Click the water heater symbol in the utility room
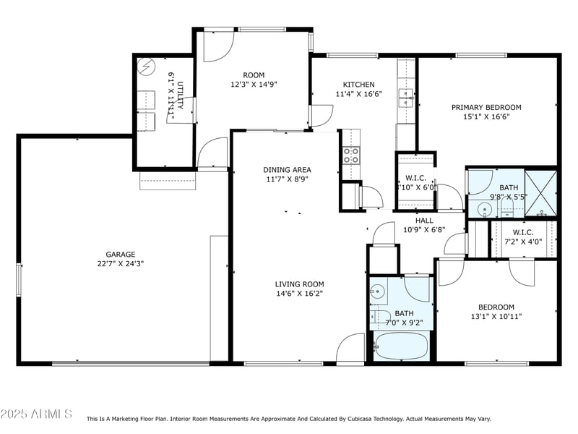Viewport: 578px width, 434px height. click(147, 67)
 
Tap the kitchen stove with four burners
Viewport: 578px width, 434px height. click(350, 154)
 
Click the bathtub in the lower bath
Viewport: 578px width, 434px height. click(400, 346)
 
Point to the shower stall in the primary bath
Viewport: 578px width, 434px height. click(541, 193)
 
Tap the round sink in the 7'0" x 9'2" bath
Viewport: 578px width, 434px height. click(376, 293)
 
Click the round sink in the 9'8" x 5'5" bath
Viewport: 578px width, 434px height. click(484, 210)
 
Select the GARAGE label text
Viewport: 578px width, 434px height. click(121, 255)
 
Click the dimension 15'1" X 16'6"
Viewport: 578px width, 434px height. click(486, 116)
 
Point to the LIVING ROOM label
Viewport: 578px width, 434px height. click(299, 284)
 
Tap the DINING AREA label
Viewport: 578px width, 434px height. click(287, 170)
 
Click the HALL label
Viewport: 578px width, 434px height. click(424, 221)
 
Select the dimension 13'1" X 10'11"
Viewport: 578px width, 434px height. click(496, 316)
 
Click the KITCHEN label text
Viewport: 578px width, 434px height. click(358, 84)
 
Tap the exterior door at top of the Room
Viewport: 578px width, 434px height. click(217, 45)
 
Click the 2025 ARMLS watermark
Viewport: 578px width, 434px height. click(36, 414)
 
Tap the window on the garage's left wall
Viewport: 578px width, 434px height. click(20, 278)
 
